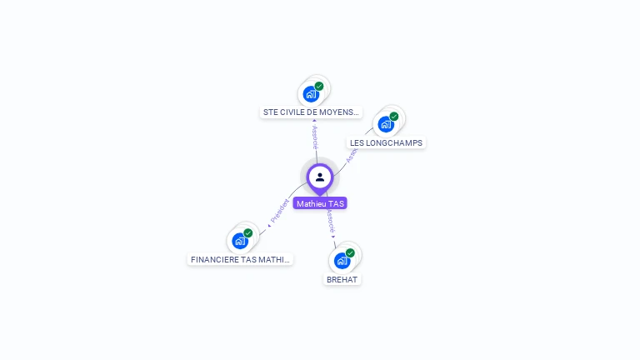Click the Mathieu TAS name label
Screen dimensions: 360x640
pyautogui.click(x=320, y=203)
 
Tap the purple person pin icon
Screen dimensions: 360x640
pyautogui.click(x=320, y=177)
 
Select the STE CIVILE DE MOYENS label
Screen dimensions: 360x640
pyautogui.click(x=311, y=112)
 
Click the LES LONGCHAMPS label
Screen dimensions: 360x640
pyautogui.click(x=386, y=142)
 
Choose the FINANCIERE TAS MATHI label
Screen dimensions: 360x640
pyautogui.click(x=240, y=259)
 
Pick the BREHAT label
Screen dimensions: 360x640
pyautogui.click(x=342, y=279)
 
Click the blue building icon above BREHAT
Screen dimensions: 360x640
pyautogui.click(x=341, y=261)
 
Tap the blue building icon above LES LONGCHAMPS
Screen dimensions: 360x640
pyautogui.click(x=385, y=125)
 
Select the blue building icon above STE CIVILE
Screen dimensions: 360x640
pyautogui.click(x=311, y=94)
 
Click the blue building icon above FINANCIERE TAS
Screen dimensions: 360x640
pyautogui.click(x=240, y=242)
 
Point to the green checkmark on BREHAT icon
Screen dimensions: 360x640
pyautogui.click(x=350, y=252)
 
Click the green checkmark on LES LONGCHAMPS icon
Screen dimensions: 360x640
pyautogui.click(x=394, y=117)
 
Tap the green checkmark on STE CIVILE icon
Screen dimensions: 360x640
pyautogui.click(x=319, y=86)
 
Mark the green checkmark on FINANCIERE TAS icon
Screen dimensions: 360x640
pyautogui.click(x=248, y=233)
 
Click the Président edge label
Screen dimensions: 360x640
pyautogui.click(x=280, y=211)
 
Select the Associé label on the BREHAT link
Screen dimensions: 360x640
pyautogui.click(x=331, y=221)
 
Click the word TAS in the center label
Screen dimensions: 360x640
pyautogui.click(x=336, y=203)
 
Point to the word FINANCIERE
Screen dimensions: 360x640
pyautogui.click(x=212, y=259)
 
